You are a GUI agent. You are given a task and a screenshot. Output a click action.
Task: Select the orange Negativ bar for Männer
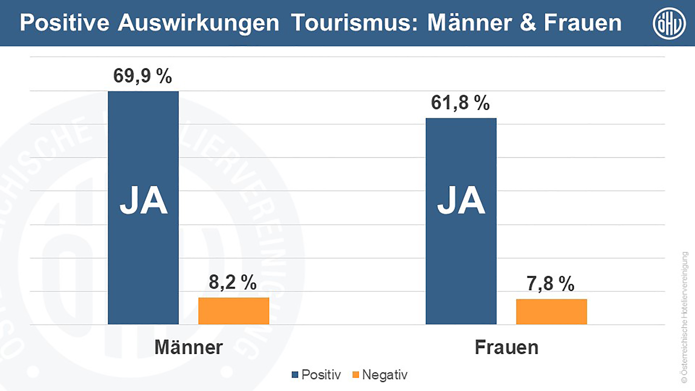click(x=234, y=311)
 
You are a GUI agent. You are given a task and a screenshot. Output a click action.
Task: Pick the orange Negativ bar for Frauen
click(x=551, y=312)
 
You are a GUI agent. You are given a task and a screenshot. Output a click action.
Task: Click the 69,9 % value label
click(x=142, y=76)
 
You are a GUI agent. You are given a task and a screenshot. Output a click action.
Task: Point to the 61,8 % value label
click(x=460, y=103)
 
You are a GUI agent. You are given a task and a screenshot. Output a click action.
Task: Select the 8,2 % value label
click(x=233, y=283)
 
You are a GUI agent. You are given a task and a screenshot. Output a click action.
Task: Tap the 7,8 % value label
click(x=550, y=284)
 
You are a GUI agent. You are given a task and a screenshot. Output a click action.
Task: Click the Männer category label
click(x=189, y=347)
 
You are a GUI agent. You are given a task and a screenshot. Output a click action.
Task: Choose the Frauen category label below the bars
click(x=506, y=347)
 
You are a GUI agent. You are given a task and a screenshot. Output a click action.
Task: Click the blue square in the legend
click(x=295, y=375)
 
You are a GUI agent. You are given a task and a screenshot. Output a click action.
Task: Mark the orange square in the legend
click(x=356, y=375)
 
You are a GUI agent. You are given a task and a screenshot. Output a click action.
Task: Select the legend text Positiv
click(x=321, y=375)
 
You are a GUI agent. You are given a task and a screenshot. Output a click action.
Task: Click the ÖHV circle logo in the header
click(x=669, y=23)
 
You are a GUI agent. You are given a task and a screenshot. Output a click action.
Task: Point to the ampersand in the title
click(x=528, y=23)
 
